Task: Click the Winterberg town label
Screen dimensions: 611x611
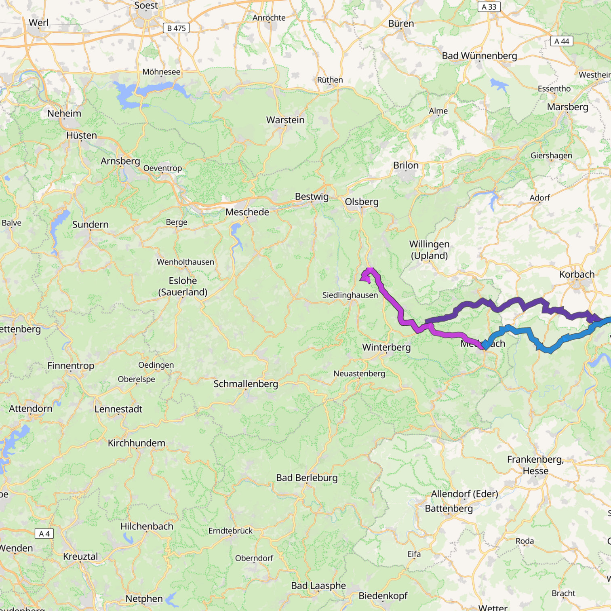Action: (x=386, y=347)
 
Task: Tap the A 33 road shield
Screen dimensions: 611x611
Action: (x=489, y=7)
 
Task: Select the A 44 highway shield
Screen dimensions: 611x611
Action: (x=561, y=41)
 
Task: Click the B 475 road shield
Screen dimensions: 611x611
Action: (x=176, y=28)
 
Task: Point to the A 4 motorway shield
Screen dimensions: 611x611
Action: (x=44, y=533)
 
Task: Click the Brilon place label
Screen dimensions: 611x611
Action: (x=406, y=165)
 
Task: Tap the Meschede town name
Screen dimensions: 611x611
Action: (x=247, y=212)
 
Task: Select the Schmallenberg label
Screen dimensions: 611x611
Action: (x=246, y=384)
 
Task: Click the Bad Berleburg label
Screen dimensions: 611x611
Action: (x=307, y=478)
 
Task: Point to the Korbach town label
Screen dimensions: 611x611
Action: (x=577, y=274)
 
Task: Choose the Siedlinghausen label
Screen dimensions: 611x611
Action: (x=350, y=295)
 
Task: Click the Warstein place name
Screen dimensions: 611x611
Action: (x=285, y=120)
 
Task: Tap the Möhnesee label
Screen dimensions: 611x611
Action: (x=161, y=72)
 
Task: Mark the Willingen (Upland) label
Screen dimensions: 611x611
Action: (x=429, y=250)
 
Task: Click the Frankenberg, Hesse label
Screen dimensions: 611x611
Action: (x=535, y=465)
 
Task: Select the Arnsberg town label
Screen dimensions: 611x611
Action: (x=120, y=161)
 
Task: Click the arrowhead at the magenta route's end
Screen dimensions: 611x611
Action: (x=365, y=278)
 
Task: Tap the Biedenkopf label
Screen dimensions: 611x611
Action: (x=383, y=596)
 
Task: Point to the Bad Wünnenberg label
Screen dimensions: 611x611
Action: (x=479, y=56)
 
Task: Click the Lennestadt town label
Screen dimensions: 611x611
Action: (x=118, y=409)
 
